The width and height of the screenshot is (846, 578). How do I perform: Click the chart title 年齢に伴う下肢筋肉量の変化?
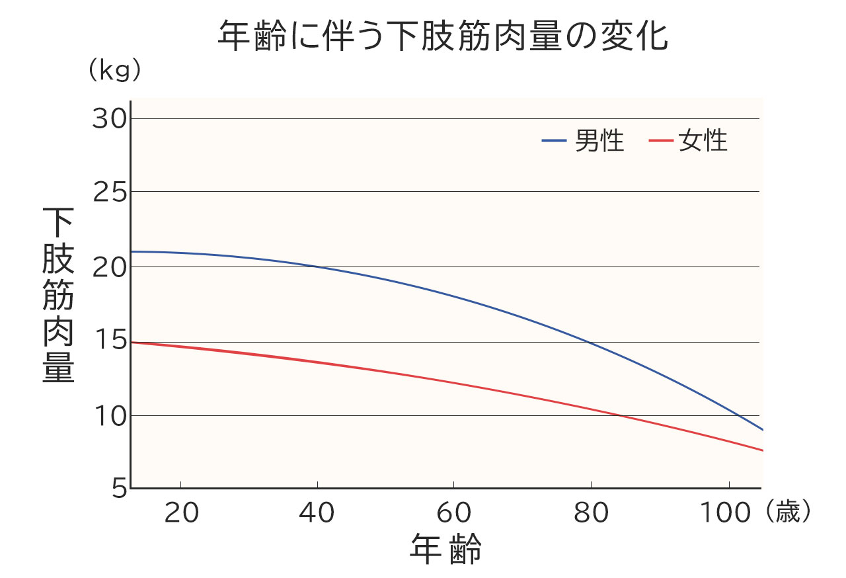[443, 37]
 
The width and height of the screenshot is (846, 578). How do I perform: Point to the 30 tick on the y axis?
[109, 119]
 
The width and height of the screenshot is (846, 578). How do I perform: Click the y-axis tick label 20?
[109, 267]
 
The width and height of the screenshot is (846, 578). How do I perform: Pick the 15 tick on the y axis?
[109, 342]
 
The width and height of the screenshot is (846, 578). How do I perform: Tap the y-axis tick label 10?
[109, 416]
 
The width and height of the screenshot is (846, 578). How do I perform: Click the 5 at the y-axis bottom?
[118, 489]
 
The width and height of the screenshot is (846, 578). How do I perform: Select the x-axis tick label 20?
[180, 513]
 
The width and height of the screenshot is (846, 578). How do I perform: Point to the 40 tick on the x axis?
[317, 513]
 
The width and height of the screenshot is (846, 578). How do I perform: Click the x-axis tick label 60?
[454, 513]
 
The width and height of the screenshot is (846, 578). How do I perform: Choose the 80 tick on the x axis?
[591, 513]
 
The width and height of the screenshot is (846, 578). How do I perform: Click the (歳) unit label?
[790, 513]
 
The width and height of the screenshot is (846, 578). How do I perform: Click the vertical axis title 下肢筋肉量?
[58, 295]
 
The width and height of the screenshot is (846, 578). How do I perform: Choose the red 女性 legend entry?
[688, 141]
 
